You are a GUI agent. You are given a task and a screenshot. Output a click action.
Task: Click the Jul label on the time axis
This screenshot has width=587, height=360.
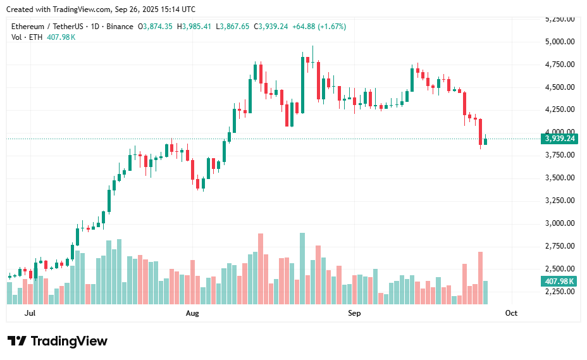coord(30,313)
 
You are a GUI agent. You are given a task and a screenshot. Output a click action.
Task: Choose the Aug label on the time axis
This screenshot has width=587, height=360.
coord(192,313)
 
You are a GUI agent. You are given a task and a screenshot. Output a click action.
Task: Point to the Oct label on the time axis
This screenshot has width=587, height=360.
coord(511,313)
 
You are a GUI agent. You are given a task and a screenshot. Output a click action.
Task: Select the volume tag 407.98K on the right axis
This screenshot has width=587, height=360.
coord(559,282)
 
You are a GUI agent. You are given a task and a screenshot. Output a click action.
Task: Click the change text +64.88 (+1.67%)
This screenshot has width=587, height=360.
coord(319,27)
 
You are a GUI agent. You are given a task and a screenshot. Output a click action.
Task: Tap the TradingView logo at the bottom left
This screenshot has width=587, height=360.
coord(58,341)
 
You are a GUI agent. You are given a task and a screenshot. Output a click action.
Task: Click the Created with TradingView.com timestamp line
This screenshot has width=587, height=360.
coord(101,9)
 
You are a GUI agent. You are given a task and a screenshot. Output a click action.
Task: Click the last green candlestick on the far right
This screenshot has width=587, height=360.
coord(486,141)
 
